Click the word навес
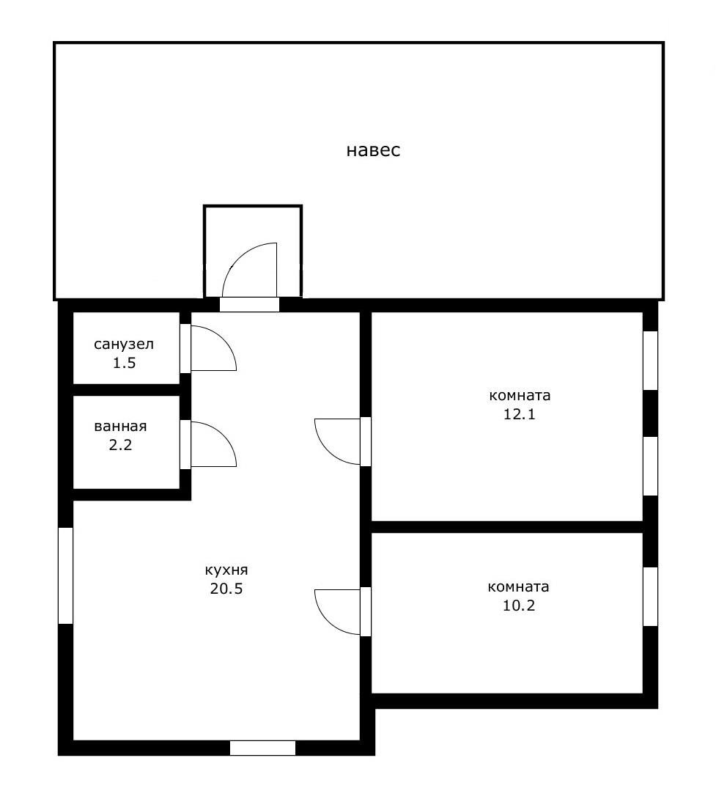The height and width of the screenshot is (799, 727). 373,150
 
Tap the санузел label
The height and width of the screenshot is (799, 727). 124,345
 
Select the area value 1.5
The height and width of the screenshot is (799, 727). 124,364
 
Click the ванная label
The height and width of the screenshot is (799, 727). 120,426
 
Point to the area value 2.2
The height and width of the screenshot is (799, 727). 120,445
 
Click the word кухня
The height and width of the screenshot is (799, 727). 226,570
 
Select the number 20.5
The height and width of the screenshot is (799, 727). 226,589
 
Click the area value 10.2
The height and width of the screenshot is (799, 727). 519,606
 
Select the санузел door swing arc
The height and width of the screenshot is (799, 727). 223,339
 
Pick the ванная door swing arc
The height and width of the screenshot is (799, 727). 223,435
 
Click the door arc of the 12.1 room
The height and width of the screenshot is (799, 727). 328,452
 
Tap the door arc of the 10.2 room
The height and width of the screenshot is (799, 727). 328,622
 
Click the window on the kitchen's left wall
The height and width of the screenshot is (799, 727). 65,575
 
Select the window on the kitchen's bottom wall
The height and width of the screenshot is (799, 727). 262,748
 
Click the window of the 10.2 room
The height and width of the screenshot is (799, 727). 650,597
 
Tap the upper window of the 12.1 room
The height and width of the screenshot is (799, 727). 650,360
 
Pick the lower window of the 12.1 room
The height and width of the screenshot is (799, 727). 650,465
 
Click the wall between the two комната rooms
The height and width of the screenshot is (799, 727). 507,527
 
